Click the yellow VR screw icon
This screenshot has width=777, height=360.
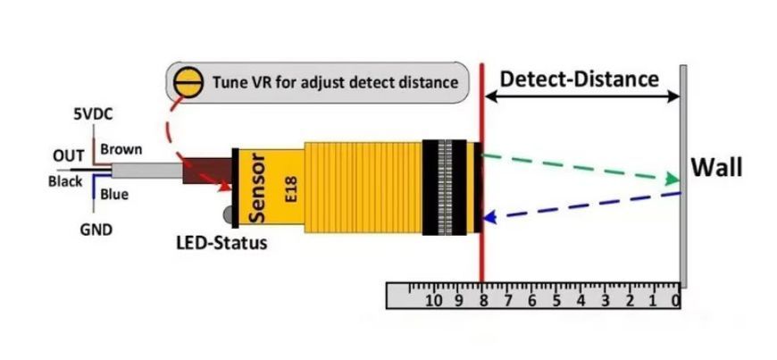coord(188,83)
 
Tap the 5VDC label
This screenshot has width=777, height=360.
coord(93,114)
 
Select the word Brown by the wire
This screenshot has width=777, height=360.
coord(121,149)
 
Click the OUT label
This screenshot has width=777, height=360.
coord(69,156)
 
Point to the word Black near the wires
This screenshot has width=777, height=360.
coord(65,181)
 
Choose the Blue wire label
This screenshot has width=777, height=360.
coord(114,195)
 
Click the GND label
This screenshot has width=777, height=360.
coord(96,230)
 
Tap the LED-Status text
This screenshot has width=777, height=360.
coord(221,243)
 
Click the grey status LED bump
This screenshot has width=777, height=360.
coord(228,214)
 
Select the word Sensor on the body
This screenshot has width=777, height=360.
coord(258,188)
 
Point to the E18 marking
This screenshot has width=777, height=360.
coord(291,188)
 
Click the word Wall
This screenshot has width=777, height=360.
coord(716,168)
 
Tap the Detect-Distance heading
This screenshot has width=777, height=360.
coord(580,79)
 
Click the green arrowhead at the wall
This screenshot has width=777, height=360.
coord(673,179)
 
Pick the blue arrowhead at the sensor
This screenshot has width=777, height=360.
coord(489,217)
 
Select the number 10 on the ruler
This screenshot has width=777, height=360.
coord(434,300)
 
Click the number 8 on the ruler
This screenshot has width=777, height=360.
coord(482,300)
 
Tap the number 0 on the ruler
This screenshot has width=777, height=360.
coord(675,300)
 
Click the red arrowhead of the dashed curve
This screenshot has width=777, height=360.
coord(225,186)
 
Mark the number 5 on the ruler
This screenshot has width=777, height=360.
coord(556,300)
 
